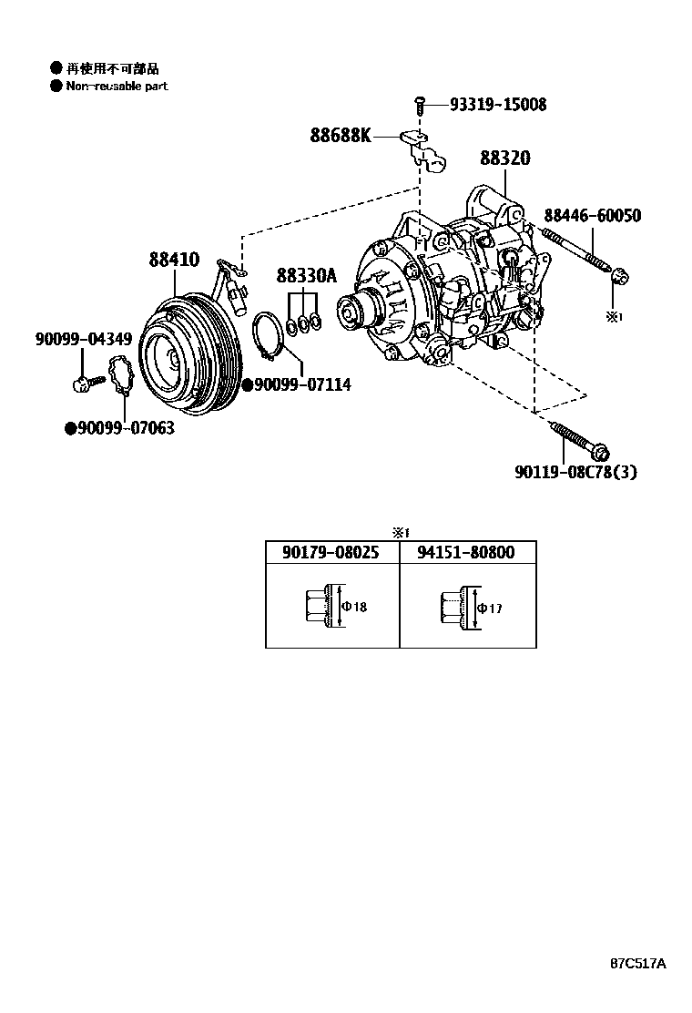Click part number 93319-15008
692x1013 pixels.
click(x=498, y=105)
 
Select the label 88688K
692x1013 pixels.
click(x=341, y=136)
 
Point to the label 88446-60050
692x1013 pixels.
click(x=592, y=216)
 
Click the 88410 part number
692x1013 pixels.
click(x=174, y=261)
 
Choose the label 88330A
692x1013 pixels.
click(x=306, y=275)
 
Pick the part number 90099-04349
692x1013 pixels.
click(x=84, y=339)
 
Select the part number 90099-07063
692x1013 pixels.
click(x=126, y=427)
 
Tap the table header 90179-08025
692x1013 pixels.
click(x=330, y=552)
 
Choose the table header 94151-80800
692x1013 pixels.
click(x=466, y=552)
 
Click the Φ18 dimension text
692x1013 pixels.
click(x=355, y=607)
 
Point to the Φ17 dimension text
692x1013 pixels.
click(x=490, y=608)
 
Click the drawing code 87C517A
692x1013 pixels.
click(x=638, y=963)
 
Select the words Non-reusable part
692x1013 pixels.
click(x=117, y=87)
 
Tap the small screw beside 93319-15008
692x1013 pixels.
click(x=420, y=106)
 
